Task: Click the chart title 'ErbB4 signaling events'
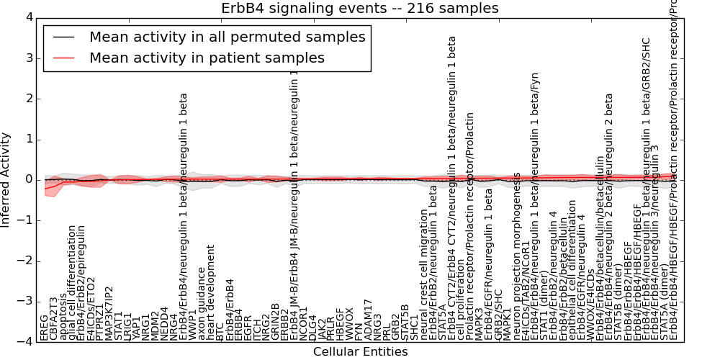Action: tap(360, 9)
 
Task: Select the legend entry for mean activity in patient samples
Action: tap(207, 58)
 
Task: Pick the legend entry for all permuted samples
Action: tap(227, 37)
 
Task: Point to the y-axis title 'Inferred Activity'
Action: tap(6, 179)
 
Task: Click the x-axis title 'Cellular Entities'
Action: tap(360, 352)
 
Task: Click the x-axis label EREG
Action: tap(45, 328)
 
